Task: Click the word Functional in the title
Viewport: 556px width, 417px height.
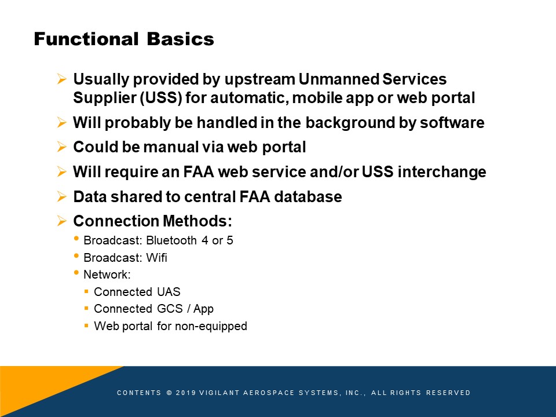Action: [x=86, y=39]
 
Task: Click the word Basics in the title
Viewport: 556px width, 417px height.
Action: [x=181, y=39]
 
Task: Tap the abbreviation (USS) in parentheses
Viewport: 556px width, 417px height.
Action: [x=161, y=98]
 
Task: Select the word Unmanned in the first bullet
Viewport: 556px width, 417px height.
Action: [x=338, y=79]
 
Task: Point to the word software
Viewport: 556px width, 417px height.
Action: [x=452, y=123]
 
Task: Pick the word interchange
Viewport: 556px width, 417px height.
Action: [x=442, y=171]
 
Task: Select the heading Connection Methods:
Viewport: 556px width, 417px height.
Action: [x=152, y=221]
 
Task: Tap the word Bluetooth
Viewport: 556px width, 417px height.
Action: [x=171, y=240]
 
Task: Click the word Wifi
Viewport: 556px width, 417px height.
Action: [x=156, y=257]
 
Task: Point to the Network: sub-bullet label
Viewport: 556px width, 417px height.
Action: [x=107, y=275]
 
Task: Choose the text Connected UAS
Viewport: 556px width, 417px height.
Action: [x=137, y=292]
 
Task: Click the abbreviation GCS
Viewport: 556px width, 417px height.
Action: [x=170, y=309]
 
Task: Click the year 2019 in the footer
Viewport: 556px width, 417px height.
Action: [x=186, y=393]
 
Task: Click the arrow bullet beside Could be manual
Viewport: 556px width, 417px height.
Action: [x=62, y=147]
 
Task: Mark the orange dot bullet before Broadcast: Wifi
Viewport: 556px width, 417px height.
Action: [x=76, y=255]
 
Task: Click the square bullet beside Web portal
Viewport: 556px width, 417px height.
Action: [x=86, y=325]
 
